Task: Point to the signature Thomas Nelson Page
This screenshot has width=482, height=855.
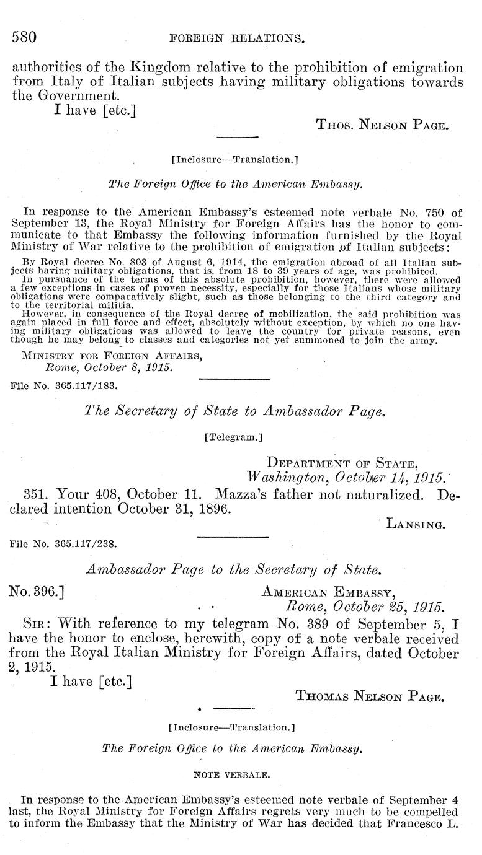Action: tap(370, 697)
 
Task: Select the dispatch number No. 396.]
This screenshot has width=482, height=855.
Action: tap(38, 591)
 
